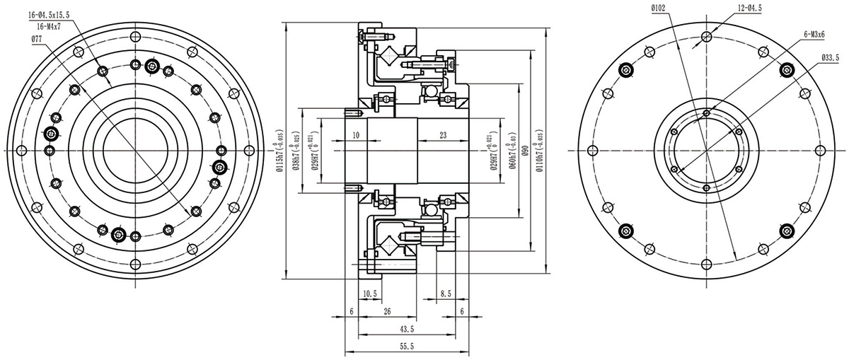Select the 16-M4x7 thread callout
(x=46, y=25)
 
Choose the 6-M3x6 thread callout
(x=818, y=33)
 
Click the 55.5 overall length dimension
(x=407, y=346)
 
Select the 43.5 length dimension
(x=407, y=329)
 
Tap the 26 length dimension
(x=386, y=311)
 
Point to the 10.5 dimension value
(x=371, y=293)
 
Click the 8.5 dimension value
(x=446, y=293)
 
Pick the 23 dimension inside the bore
(x=443, y=134)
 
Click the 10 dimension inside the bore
(x=355, y=134)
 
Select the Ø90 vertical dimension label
(x=524, y=151)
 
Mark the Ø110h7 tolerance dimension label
(x=541, y=151)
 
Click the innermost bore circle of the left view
(x=134, y=150)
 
